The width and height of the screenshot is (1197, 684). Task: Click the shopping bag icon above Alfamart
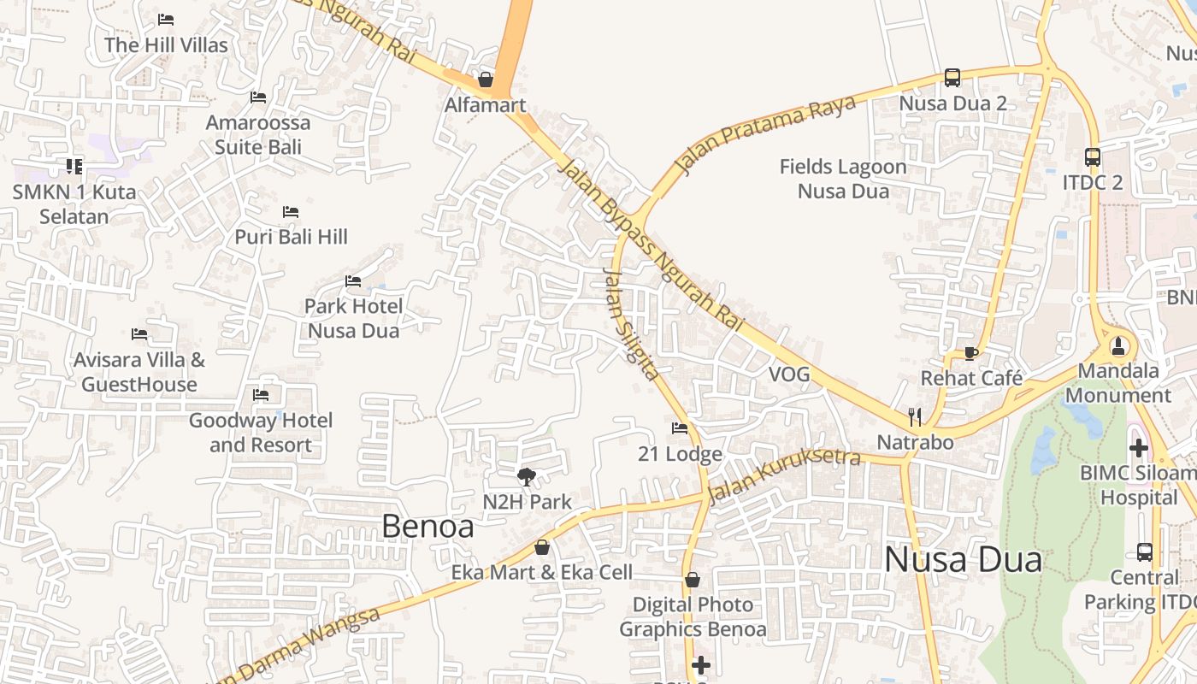click(x=486, y=80)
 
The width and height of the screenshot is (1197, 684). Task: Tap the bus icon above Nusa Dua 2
click(x=952, y=78)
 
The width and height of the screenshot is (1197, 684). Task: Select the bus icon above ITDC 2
click(x=1093, y=157)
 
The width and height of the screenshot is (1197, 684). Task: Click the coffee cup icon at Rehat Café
click(x=970, y=352)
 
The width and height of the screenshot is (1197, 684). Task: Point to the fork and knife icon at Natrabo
click(x=915, y=417)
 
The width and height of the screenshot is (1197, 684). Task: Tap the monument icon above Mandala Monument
click(x=1117, y=346)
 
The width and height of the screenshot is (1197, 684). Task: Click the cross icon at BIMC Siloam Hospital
click(x=1139, y=447)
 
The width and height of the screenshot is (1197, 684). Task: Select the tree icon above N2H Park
click(x=527, y=476)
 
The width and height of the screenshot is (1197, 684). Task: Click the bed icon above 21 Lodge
click(x=680, y=428)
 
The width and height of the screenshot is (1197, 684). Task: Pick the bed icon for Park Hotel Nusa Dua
click(x=353, y=281)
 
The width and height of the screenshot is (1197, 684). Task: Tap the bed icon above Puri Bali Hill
click(x=291, y=211)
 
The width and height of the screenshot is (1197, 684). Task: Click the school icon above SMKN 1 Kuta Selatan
click(x=74, y=166)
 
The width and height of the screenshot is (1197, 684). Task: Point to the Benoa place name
click(x=427, y=526)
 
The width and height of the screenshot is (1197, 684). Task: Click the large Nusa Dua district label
click(x=963, y=560)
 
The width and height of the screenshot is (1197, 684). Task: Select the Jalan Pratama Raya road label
click(x=765, y=133)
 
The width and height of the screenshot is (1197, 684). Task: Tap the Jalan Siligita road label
click(x=631, y=323)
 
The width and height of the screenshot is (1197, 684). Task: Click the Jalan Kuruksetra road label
click(x=784, y=475)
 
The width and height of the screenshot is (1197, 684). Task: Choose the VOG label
click(x=788, y=374)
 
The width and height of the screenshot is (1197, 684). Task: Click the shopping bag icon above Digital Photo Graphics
click(x=693, y=580)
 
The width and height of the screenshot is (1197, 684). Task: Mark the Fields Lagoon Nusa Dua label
click(x=843, y=179)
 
